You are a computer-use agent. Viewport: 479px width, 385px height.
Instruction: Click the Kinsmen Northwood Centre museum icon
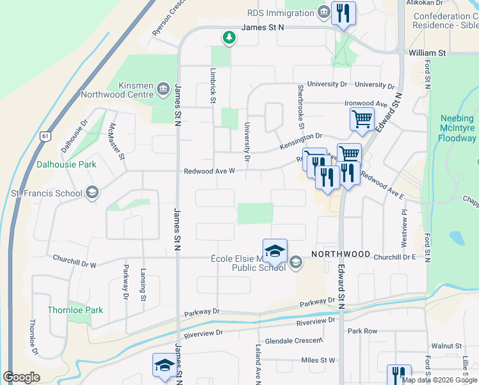point(163,87)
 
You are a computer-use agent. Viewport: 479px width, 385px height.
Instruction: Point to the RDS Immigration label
point(279,12)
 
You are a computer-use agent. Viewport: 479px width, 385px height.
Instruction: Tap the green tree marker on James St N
point(229,38)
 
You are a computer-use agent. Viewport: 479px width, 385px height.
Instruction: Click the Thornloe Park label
point(75,310)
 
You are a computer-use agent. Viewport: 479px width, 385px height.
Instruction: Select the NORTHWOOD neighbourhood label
point(341,254)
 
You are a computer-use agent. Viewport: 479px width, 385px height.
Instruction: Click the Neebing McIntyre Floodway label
point(457,128)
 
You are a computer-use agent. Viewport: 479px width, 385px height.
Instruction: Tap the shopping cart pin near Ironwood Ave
point(362,119)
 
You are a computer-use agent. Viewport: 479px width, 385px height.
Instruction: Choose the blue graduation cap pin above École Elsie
point(275,251)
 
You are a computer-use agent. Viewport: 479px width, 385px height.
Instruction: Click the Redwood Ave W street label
point(210,171)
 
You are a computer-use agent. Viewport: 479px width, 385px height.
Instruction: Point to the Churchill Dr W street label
point(74,264)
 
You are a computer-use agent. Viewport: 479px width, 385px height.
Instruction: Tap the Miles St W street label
point(318,361)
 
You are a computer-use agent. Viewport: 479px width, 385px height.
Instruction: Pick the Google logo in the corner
point(22,377)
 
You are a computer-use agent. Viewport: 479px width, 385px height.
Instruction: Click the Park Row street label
point(362,331)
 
